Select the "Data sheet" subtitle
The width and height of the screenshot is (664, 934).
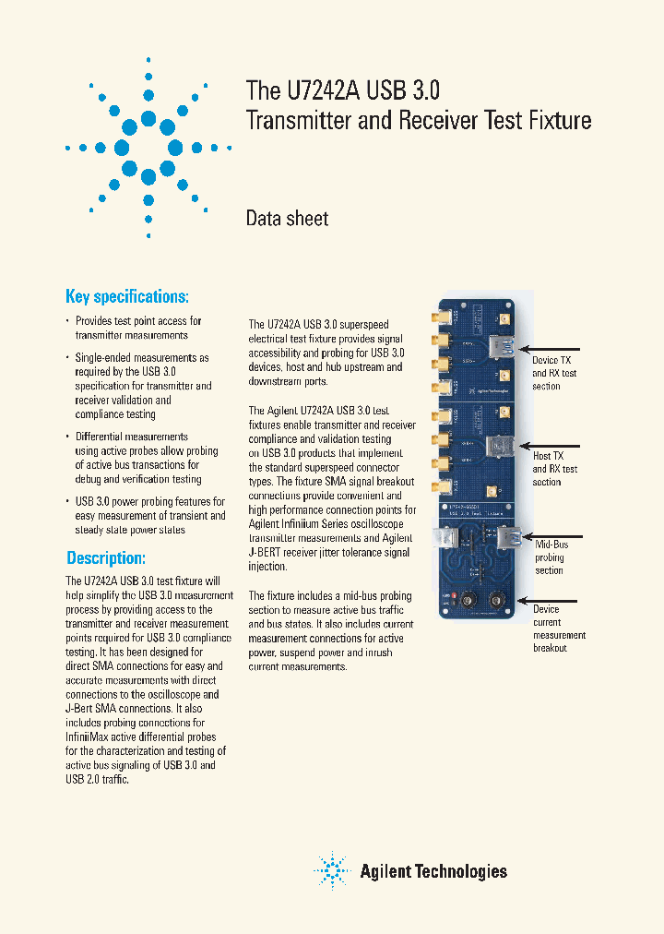287,219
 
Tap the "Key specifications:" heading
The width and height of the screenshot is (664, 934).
127,296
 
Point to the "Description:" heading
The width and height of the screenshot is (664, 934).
106,558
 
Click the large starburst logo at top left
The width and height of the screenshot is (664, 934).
148,147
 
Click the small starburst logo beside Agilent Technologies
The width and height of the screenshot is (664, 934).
332,870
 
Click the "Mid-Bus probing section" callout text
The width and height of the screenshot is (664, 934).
551,557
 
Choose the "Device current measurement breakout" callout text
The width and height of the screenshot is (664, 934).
559,629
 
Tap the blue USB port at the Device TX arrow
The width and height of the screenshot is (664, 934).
504,347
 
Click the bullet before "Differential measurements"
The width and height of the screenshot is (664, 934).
66,437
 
